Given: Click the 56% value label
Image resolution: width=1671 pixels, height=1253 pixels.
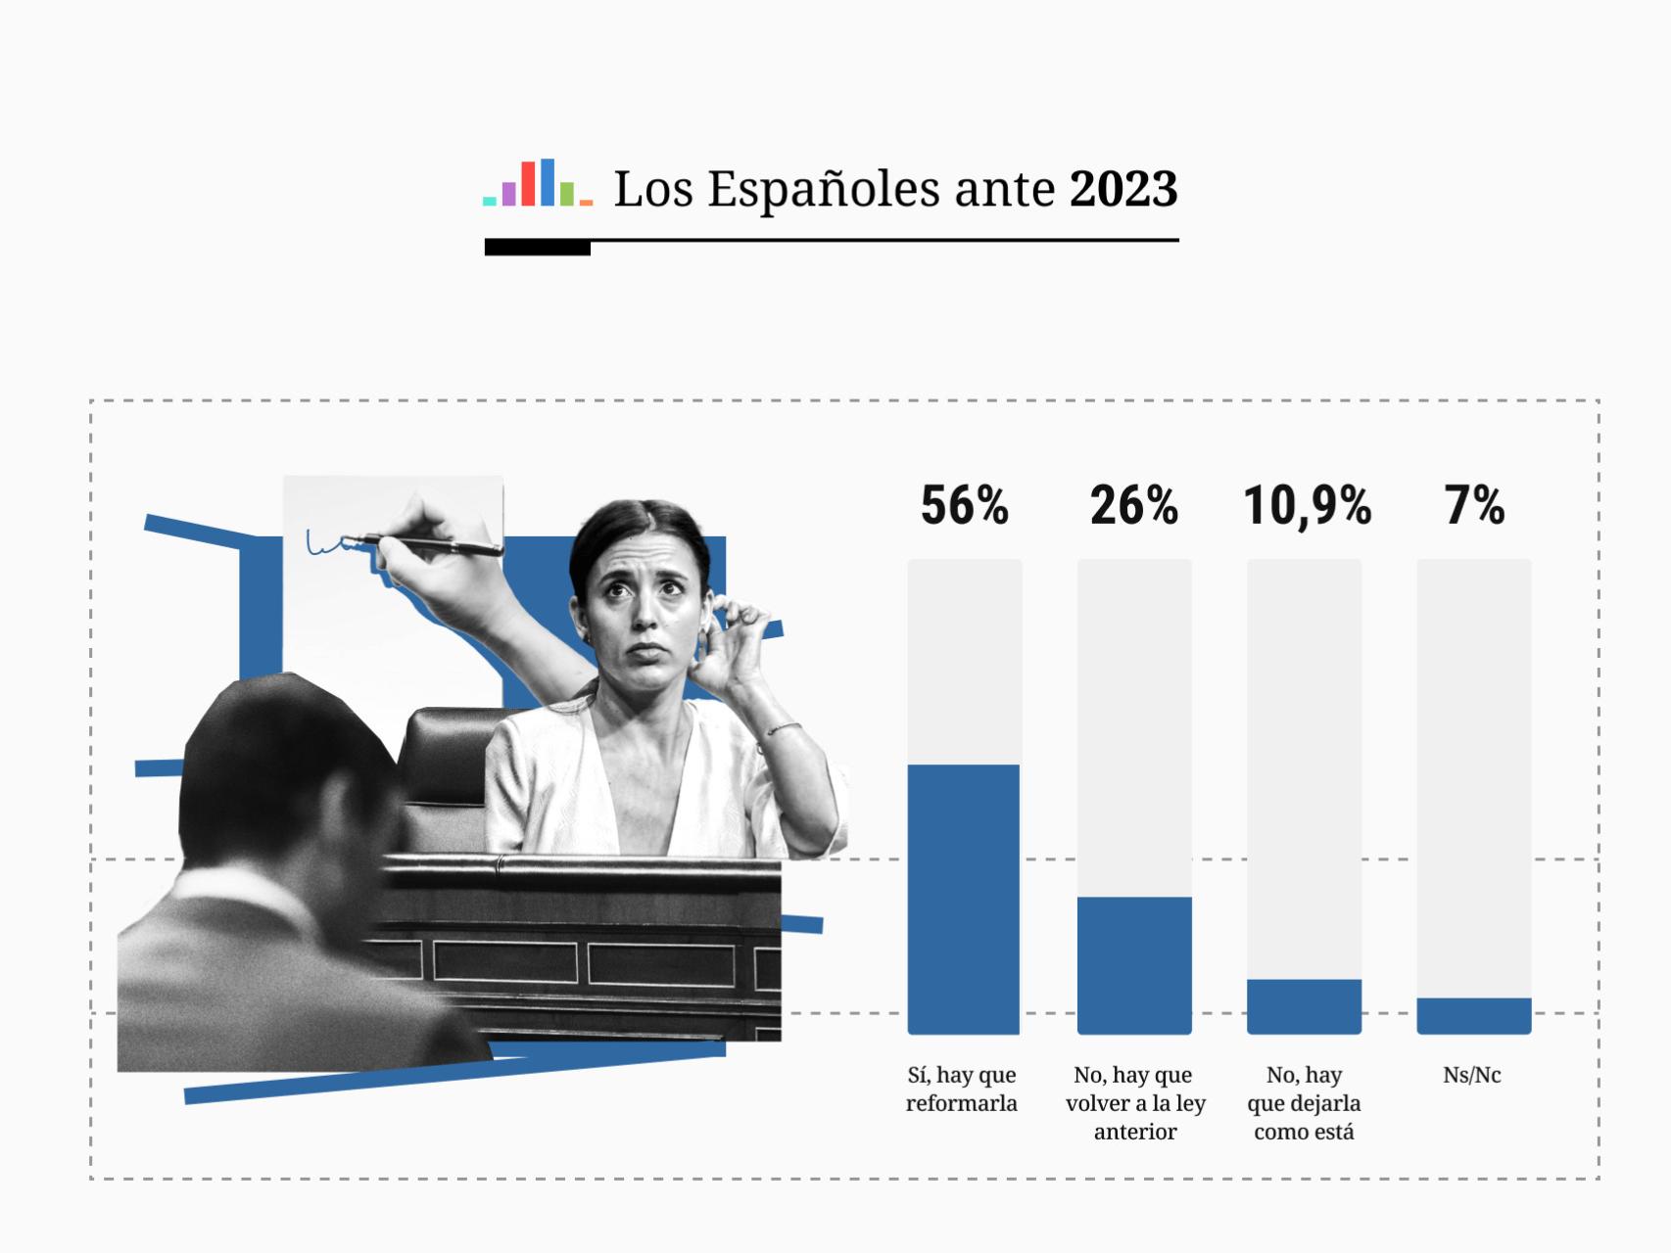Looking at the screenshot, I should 964,506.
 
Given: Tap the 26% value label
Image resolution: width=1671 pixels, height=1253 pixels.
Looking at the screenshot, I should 1133,506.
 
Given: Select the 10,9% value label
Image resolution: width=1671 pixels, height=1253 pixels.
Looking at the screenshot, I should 1307,506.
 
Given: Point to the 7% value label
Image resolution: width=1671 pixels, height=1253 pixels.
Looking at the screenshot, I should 1474,506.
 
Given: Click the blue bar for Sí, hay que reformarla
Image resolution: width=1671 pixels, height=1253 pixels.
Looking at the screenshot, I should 964,899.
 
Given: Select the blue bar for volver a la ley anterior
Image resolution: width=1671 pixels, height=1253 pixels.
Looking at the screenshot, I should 1134,965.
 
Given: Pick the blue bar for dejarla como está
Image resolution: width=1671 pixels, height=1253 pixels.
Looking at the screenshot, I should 1304,1006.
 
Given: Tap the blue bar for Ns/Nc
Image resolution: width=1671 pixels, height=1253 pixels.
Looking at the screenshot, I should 1473,1016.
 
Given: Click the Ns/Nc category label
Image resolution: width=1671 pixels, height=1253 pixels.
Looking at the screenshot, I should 1471,1075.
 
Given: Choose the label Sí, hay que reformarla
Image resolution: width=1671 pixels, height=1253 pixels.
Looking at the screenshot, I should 962,1089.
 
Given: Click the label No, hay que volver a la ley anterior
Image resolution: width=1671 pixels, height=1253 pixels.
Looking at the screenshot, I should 1135,1103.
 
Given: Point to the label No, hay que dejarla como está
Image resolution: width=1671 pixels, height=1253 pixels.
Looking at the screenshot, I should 1304,1103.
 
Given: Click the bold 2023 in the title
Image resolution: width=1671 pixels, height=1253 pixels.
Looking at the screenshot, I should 1122,189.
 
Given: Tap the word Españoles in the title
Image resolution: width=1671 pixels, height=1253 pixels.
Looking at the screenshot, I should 826,189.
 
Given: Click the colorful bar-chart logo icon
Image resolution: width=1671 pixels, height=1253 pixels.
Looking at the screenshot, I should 538,183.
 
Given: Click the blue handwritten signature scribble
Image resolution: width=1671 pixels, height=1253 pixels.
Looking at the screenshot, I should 328,544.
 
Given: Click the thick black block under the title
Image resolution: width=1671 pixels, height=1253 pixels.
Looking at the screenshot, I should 537,249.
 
